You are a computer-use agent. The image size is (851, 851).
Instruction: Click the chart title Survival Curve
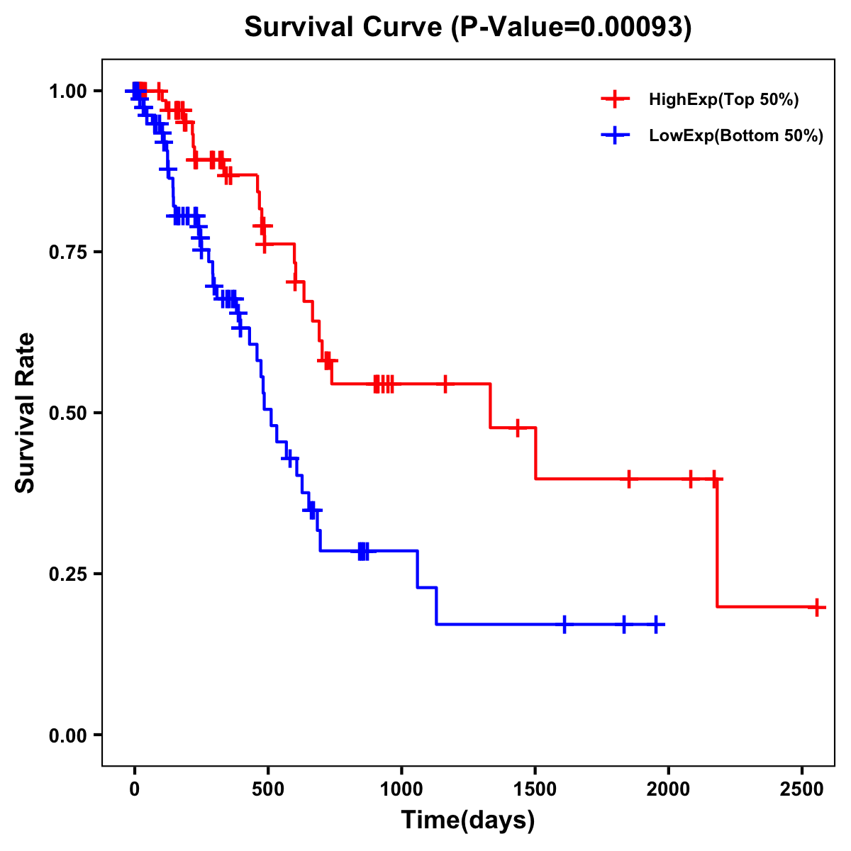[x=467, y=28]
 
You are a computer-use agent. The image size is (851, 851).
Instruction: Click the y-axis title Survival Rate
[x=26, y=413]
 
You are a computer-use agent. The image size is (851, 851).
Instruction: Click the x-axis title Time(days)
[x=468, y=821]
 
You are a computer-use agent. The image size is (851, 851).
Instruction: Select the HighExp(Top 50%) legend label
[x=723, y=100]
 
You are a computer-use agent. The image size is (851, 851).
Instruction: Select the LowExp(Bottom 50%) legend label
[x=736, y=136]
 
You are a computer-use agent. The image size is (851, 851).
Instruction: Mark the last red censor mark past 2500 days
[x=817, y=607]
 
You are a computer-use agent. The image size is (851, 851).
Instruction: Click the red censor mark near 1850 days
[x=628, y=479]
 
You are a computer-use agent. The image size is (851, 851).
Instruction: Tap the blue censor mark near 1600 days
[x=564, y=625]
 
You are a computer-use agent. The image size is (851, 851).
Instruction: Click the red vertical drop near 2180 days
[x=717, y=543]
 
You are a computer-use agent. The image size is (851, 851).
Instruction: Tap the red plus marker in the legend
[x=615, y=100]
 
